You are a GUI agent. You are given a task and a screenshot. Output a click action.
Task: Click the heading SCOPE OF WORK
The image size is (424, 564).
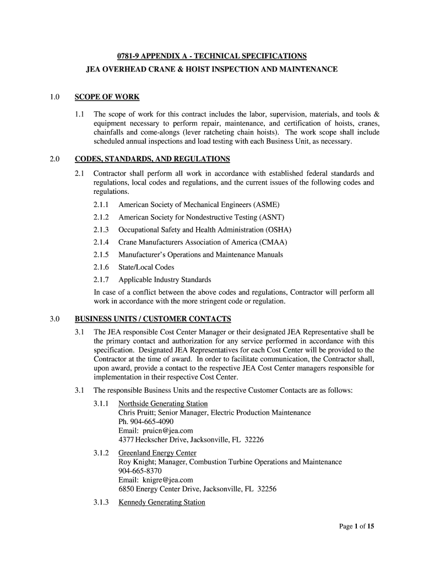coord(107,97)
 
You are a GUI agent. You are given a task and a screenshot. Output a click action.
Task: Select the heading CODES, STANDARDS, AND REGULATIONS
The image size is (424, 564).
coord(152,159)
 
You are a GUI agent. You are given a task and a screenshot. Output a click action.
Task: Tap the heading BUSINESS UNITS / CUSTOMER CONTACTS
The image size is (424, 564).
coord(153,319)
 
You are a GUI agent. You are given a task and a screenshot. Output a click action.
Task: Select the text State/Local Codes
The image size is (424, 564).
coord(146,267)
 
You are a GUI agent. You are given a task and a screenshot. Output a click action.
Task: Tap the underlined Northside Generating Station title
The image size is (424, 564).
coord(163,404)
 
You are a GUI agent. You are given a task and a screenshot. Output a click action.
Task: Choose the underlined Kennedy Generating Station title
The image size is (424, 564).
coord(161,502)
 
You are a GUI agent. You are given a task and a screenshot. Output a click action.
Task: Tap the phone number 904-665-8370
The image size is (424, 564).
coord(140,471)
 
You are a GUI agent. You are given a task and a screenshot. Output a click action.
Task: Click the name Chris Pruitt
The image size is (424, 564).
coord(137,413)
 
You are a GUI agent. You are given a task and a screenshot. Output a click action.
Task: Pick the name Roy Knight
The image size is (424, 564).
coord(137,462)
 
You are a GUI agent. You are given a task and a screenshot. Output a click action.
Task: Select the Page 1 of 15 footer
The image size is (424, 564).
coord(356,527)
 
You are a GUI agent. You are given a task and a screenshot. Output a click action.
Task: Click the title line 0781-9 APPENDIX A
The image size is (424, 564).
coord(211,57)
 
